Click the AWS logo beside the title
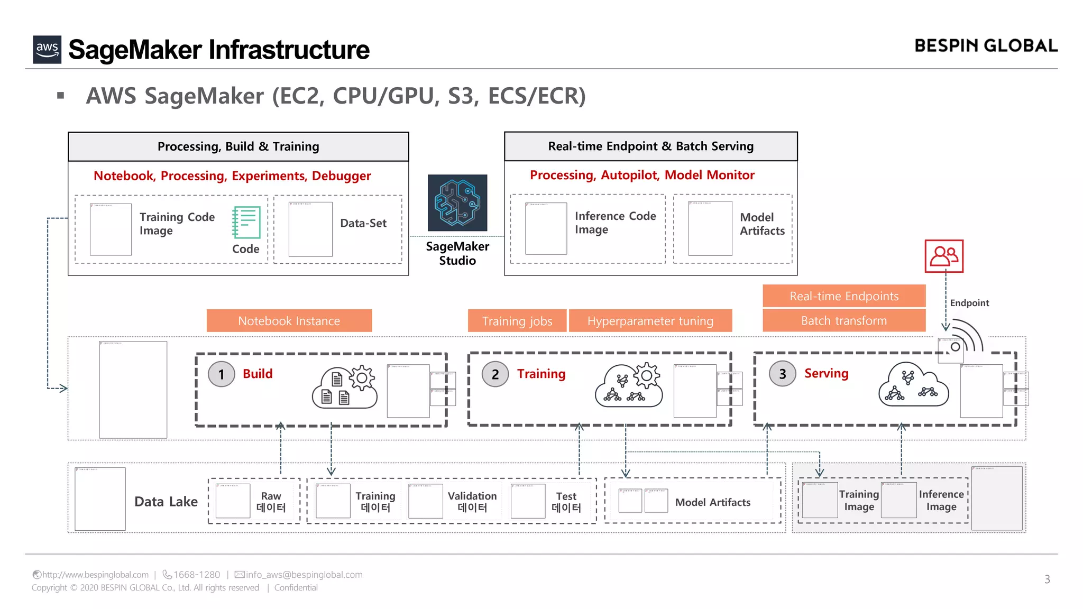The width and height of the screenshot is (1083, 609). click(x=47, y=50)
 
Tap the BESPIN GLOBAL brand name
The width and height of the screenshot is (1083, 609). click(x=986, y=46)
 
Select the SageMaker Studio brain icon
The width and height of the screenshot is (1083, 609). click(x=457, y=203)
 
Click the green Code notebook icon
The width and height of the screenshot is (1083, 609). click(x=246, y=223)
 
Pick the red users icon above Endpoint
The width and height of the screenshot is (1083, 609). click(x=944, y=256)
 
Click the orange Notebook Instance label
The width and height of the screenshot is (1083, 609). click(x=289, y=321)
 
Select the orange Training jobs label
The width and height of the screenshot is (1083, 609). click(x=517, y=321)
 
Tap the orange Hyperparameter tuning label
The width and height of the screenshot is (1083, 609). click(x=650, y=321)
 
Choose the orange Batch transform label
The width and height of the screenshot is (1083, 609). click(x=843, y=321)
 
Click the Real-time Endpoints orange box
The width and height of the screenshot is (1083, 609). click(x=843, y=296)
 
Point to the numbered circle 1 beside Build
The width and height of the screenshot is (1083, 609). click(x=222, y=374)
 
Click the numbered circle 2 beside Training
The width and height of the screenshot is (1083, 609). click(x=495, y=374)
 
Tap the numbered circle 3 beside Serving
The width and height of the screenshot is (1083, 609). click(x=782, y=374)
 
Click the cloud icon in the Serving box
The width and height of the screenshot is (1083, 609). click(x=913, y=385)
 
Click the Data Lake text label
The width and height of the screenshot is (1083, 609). click(x=166, y=502)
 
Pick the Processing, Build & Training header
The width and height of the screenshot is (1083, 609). click(x=238, y=146)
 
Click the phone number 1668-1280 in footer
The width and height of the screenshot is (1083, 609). click(x=196, y=575)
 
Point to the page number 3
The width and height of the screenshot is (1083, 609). click(x=1047, y=579)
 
